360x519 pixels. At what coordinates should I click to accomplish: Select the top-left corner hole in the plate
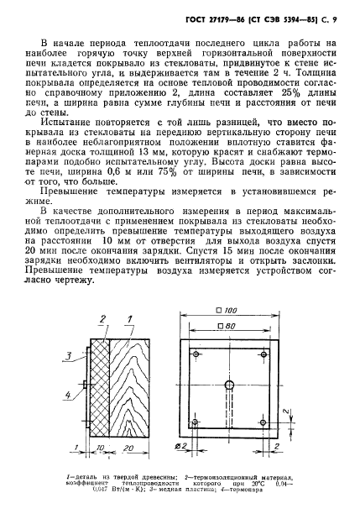pos(195,355)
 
